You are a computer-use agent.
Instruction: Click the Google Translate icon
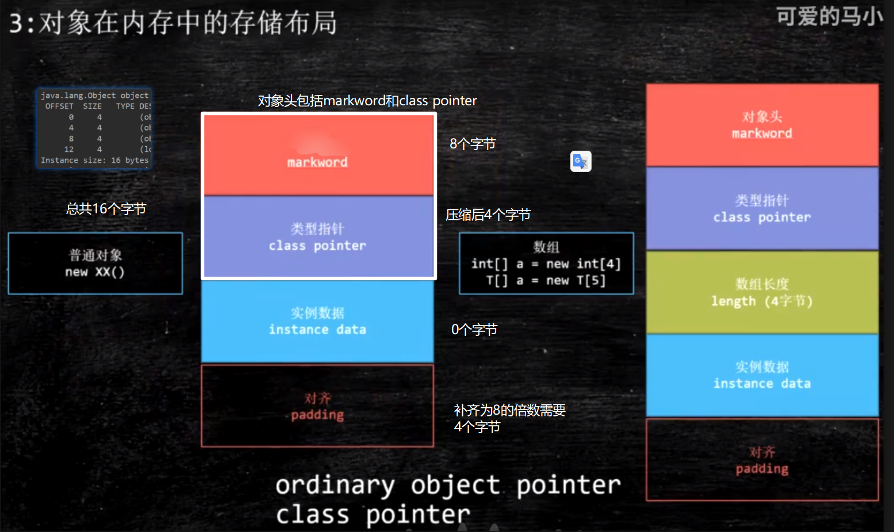[x=581, y=162]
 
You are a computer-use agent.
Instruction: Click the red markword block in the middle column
[x=318, y=155]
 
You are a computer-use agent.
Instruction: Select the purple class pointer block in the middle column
[x=318, y=237]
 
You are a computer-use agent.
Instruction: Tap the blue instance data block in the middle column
[x=318, y=321]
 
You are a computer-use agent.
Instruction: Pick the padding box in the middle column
[x=318, y=406]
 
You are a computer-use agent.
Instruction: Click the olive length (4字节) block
[x=762, y=293]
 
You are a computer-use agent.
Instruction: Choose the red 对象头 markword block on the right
[x=762, y=125]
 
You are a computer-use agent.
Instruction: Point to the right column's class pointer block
[x=762, y=209]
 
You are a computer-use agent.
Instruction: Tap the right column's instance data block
[x=762, y=376]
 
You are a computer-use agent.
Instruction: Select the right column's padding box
[x=762, y=460]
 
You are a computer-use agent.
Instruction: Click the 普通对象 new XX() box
[x=95, y=263]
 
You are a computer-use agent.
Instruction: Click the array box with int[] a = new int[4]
[x=546, y=263]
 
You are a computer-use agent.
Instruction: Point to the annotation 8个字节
[x=473, y=144]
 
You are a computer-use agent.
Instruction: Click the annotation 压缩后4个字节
[x=488, y=215]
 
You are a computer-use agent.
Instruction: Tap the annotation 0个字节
[x=474, y=330]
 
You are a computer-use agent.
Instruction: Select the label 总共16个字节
[x=106, y=209]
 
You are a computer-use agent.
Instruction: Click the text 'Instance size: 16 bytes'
[x=94, y=160]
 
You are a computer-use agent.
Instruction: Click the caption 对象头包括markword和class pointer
[x=367, y=101]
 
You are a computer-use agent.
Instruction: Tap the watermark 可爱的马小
[x=829, y=17]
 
